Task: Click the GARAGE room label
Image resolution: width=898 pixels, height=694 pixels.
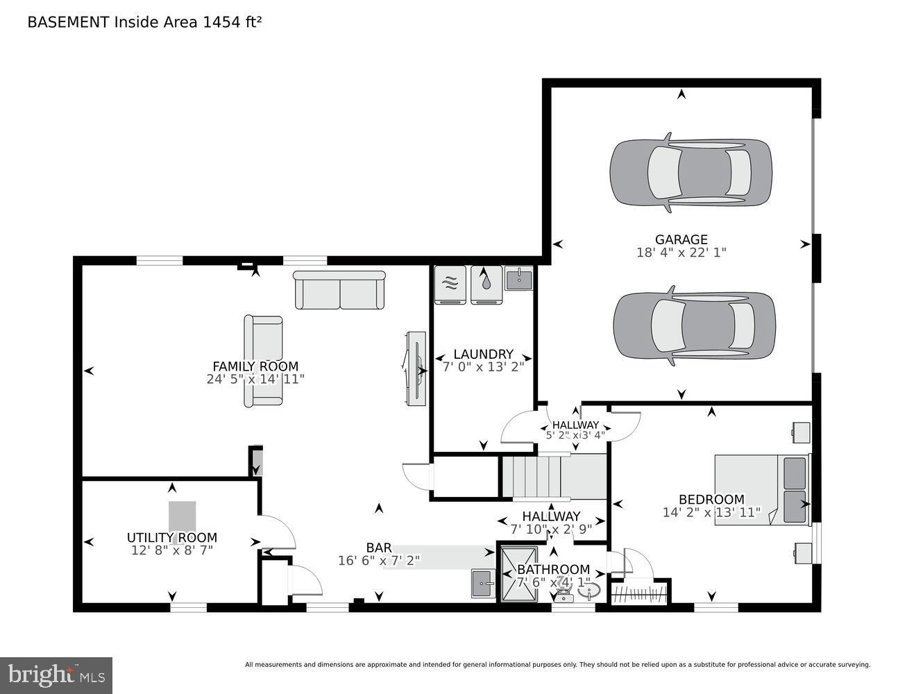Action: [x=681, y=240]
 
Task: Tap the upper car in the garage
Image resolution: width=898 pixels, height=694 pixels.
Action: [x=691, y=172]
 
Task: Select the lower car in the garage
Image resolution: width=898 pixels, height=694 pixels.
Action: [x=694, y=325]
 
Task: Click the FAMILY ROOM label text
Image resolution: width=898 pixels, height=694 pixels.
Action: [x=255, y=366]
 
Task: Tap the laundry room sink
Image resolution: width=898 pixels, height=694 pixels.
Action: [x=518, y=279]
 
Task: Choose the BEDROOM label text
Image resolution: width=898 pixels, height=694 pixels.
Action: [x=711, y=499]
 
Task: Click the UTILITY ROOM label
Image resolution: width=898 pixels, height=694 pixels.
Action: [x=171, y=538]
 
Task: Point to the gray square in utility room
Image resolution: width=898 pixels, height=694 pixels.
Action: [x=182, y=516]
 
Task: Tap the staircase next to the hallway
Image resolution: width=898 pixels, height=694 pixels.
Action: [x=554, y=477]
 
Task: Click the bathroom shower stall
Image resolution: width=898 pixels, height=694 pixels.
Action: [x=518, y=573]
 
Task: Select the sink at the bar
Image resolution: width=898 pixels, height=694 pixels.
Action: [x=483, y=583]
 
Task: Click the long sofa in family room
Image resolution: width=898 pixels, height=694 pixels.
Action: [x=339, y=290]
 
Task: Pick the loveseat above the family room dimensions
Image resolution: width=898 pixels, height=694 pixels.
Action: [x=263, y=360]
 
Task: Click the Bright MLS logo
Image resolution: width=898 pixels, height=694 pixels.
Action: [x=56, y=675]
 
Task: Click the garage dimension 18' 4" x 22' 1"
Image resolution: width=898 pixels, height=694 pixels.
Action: [x=681, y=253]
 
